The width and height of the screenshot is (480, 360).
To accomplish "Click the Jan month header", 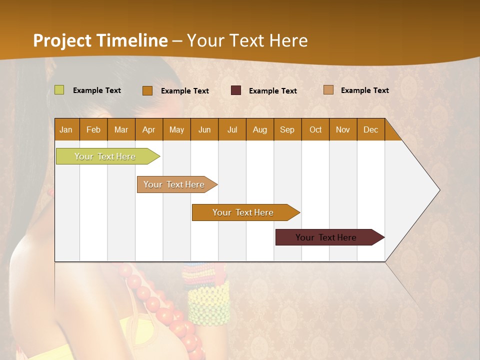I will pyautogui.click(x=66, y=129).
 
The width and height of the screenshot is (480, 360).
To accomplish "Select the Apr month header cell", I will pyautogui.click(x=149, y=129).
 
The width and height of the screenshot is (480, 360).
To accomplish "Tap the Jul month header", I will pyautogui.click(x=232, y=129).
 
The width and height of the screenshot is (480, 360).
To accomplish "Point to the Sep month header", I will pyautogui.click(x=287, y=129).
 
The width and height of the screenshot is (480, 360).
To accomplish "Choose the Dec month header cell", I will pyautogui.click(x=370, y=129).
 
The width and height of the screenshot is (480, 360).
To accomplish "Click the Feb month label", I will pyautogui.click(x=93, y=129).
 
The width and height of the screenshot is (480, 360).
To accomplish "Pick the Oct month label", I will pyautogui.click(x=315, y=129).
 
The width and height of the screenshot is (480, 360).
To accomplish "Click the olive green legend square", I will pyautogui.click(x=59, y=90).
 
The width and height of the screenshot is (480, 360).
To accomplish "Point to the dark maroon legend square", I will pyautogui.click(x=236, y=90).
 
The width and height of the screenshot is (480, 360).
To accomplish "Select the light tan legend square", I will pyautogui.click(x=328, y=90).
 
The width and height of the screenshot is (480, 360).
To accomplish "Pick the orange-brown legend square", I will pyautogui.click(x=147, y=90).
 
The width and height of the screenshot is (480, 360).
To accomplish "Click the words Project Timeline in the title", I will pyautogui.click(x=100, y=40).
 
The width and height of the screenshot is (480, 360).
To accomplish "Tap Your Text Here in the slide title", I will pyautogui.click(x=247, y=40).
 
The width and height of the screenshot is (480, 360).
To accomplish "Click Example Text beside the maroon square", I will pyautogui.click(x=272, y=91).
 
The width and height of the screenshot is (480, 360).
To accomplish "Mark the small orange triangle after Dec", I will pyautogui.click(x=392, y=132).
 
